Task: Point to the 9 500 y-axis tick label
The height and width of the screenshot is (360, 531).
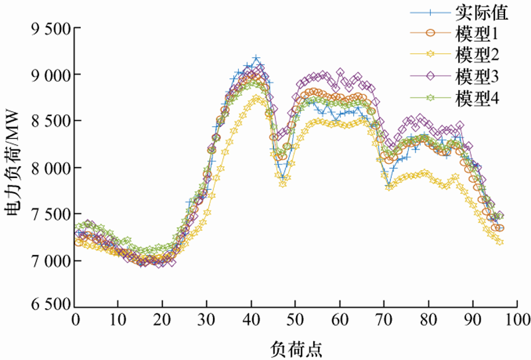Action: click(50, 29)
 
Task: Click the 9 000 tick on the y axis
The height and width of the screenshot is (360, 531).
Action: click(50, 75)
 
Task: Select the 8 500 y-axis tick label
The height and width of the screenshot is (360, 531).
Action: click(50, 122)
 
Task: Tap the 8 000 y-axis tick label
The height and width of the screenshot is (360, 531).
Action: click(50, 168)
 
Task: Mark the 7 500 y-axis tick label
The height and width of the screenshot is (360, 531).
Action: click(50, 215)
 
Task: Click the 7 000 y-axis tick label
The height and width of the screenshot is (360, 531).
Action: click(50, 260)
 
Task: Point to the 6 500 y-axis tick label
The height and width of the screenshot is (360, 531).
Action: click(50, 306)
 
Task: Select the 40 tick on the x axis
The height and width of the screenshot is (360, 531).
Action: click(252, 319)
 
